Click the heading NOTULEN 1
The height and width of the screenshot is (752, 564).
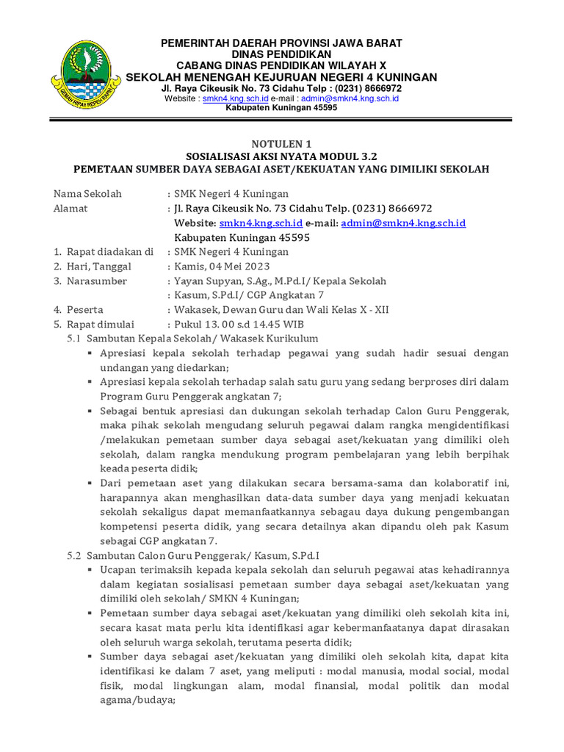(x=282, y=143)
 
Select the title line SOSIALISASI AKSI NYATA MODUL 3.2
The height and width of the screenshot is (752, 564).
(x=282, y=156)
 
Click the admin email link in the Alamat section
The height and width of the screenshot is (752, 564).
(x=403, y=223)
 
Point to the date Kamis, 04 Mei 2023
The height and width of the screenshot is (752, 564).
(x=222, y=267)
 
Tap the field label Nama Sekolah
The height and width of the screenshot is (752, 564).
(x=87, y=194)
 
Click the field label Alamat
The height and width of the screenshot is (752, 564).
(x=70, y=209)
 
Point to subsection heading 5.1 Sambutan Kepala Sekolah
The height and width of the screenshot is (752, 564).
(x=193, y=339)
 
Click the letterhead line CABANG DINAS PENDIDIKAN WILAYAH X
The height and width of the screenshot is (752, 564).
(x=282, y=65)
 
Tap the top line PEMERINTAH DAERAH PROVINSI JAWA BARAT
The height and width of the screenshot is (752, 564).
(x=282, y=43)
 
